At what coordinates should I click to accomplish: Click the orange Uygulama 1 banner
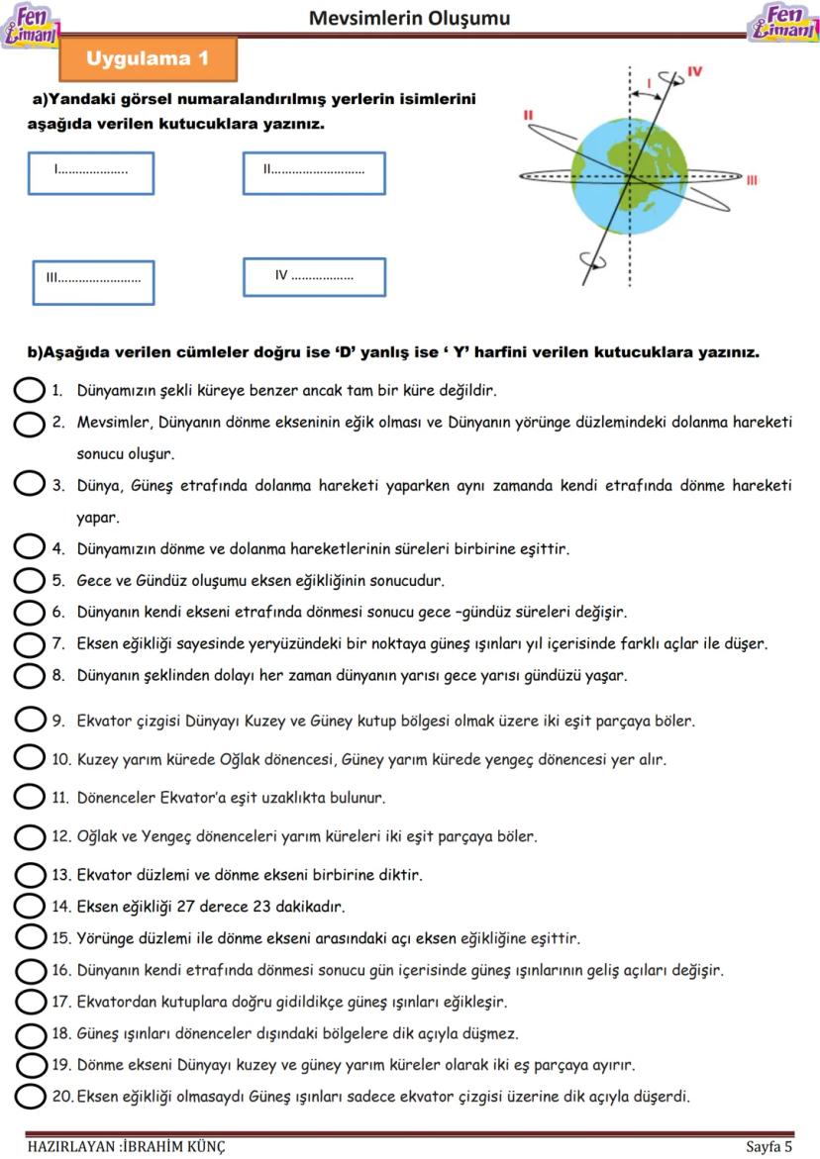point(149,59)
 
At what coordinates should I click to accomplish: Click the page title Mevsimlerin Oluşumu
point(409,18)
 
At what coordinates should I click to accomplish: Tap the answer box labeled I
point(92,173)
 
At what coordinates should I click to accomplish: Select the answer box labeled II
point(314,173)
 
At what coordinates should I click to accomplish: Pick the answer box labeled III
point(93,282)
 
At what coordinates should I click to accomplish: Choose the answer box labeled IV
point(314,277)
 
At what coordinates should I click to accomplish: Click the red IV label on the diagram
point(694,72)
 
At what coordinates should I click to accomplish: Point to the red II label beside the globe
point(528,116)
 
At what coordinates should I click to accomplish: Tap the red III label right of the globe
point(752,180)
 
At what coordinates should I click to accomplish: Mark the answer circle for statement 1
point(30,390)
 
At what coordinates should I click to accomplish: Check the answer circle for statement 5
point(30,580)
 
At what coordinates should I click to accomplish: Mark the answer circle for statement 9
point(30,721)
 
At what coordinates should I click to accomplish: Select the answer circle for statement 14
point(30,906)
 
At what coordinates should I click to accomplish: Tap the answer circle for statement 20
point(30,1096)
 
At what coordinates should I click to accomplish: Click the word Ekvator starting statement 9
point(104,722)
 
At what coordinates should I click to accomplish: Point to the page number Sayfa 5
point(769,1147)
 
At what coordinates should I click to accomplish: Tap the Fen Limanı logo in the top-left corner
point(32,25)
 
